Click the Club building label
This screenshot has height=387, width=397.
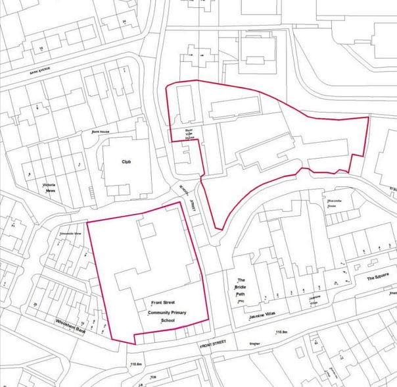126,161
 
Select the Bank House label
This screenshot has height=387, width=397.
101,132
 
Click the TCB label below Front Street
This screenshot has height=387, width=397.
154,377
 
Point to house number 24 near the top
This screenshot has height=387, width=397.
124,22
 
